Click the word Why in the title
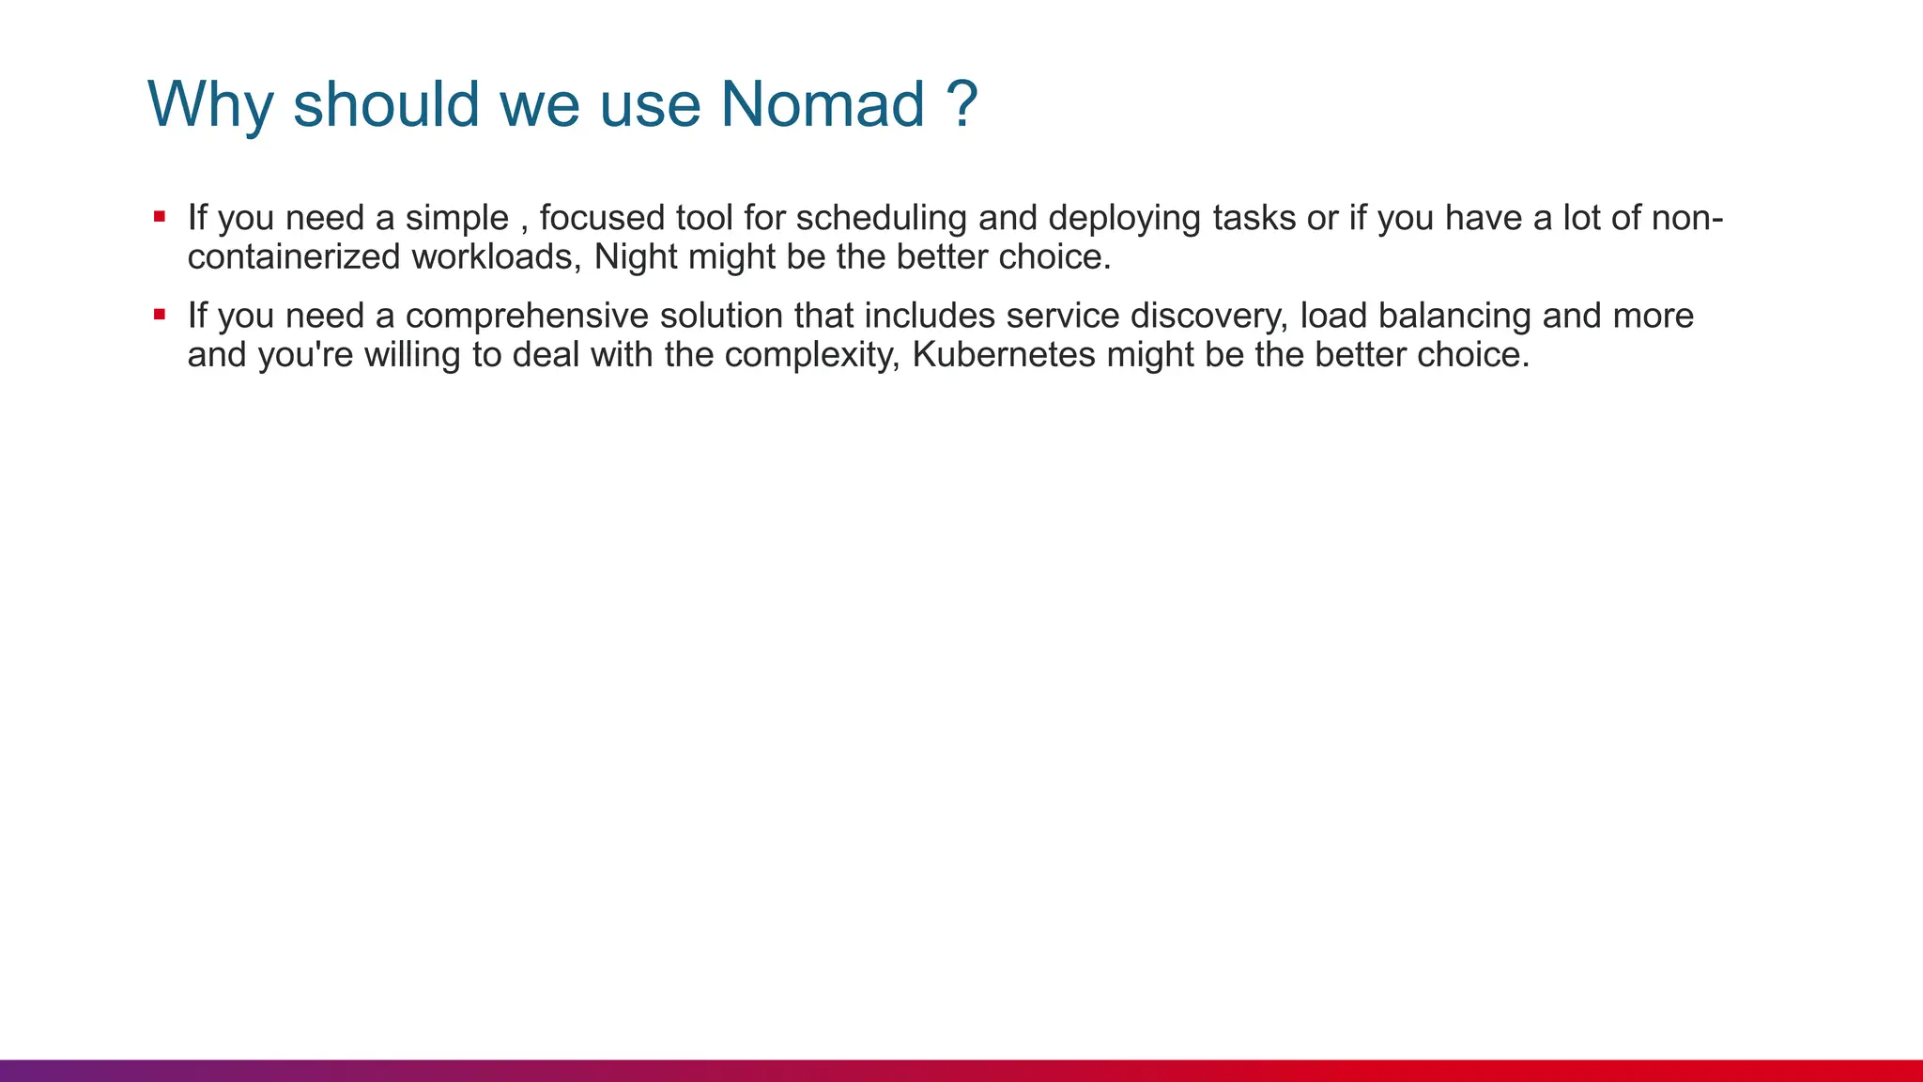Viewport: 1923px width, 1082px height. pos(209,105)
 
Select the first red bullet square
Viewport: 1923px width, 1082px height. pos(160,217)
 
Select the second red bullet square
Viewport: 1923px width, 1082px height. pos(160,315)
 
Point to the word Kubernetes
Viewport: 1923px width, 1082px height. pos(1003,355)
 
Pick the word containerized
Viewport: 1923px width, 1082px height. pos(294,257)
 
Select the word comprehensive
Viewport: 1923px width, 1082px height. pos(527,316)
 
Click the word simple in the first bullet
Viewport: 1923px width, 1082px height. pos(456,218)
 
